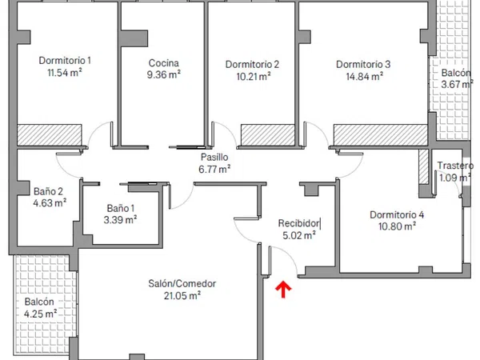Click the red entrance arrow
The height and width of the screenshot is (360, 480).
pos(283,290)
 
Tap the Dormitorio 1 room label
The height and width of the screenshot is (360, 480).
pos(65,60)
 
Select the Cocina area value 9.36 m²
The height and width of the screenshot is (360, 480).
pos(163,74)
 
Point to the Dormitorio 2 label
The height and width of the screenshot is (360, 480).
pos(252,64)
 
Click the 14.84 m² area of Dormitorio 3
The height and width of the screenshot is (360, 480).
pos(365,76)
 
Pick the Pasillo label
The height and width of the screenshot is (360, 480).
pos(214,157)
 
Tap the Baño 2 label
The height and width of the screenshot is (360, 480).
pos(48,192)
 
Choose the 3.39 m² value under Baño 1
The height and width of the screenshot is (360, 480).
pos(120,220)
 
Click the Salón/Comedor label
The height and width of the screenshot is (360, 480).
pos(182,284)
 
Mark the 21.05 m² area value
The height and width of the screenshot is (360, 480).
pos(182,296)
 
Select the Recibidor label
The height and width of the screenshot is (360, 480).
pos(298,223)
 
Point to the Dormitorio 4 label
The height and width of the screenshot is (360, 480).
pos(397,215)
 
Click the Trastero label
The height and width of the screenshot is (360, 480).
pos(455,166)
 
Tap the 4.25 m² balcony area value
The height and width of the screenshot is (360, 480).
pos(41,314)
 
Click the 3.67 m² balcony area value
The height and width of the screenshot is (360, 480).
pos(456,85)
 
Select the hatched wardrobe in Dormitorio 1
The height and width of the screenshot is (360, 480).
pos(50,135)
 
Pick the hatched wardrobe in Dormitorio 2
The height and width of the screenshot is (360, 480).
pos(268,135)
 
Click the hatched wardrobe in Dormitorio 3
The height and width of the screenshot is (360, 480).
pos(380,135)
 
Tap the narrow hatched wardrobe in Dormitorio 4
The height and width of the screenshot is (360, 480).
pos(424,167)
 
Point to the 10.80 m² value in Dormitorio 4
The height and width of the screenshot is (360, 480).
pos(397,227)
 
